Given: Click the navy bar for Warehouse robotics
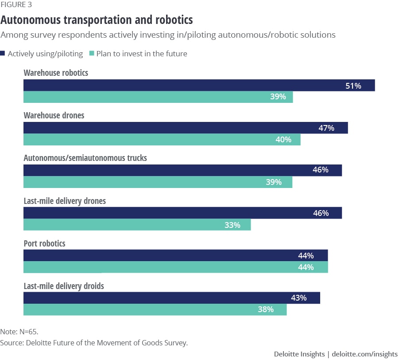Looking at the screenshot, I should tap(199, 86).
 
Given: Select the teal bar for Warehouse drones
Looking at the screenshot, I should tap(162, 140).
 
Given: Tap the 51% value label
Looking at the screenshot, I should tap(353, 86).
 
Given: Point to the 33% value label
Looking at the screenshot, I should tap(232, 225).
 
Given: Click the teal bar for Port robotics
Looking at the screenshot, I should tap(175, 267).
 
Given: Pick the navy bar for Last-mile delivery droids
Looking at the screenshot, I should tap(171, 298).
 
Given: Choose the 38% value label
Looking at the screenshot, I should tap(266, 309).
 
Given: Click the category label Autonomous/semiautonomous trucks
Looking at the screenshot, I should tap(85, 158).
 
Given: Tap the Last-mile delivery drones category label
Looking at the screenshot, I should tap(65, 201).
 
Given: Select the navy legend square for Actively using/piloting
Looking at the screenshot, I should tap(3, 54).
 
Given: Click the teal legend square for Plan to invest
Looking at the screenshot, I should tap(92, 54).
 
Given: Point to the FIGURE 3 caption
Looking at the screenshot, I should tap(16, 5).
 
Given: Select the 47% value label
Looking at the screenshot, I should tap(326, 128).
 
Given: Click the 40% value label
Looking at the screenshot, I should tap(283, 140).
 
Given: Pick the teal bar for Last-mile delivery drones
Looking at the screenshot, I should tap(137, 225).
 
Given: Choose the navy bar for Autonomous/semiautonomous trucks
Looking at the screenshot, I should tap(182, 170).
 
